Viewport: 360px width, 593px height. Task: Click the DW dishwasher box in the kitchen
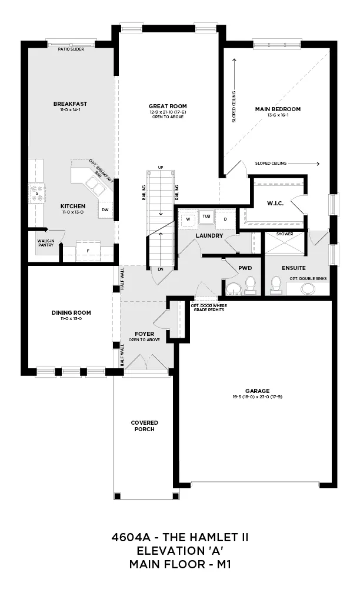105,209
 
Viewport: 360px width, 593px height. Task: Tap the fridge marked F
88,251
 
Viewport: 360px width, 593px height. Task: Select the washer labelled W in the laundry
188,219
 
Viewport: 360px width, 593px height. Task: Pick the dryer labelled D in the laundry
225,219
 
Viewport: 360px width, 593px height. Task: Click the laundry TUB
206,216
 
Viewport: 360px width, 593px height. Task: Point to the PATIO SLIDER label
71,49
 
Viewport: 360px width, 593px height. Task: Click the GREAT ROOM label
168,106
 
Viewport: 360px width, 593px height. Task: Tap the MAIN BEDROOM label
278,109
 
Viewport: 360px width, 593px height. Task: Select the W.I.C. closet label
275,203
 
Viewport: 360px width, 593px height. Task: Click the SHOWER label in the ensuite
284,234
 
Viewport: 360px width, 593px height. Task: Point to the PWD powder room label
245,268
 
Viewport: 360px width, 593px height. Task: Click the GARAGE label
258,391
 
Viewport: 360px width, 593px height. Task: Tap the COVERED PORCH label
145,426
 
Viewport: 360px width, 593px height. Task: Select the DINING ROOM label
71,313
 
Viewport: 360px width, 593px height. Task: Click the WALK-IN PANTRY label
45,243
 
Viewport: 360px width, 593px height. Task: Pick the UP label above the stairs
161,167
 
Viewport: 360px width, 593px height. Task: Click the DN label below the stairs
161,269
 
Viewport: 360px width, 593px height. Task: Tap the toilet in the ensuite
276,284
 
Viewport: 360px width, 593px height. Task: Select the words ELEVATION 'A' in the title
180,550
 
